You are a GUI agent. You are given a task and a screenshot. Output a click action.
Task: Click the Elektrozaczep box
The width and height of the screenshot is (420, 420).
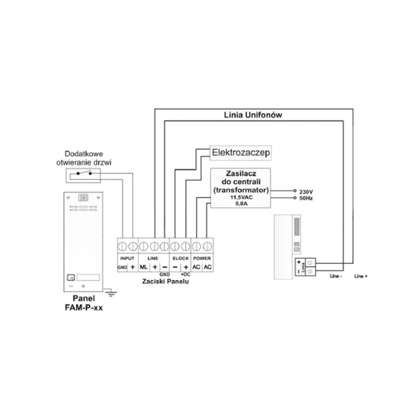[x=240, y=153]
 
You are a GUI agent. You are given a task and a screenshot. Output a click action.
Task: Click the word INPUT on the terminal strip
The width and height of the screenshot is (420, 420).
[x=128, y=258]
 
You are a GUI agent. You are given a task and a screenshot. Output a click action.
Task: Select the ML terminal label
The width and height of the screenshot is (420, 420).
[x=144, y=267]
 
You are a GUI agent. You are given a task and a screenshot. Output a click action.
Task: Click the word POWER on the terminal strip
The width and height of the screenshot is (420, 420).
[x=202, y=258]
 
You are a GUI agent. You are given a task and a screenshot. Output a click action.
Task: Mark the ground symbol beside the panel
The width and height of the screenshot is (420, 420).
[x=110, y=291]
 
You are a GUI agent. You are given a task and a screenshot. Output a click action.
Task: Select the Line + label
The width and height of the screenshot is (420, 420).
[x=361, y=276]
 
